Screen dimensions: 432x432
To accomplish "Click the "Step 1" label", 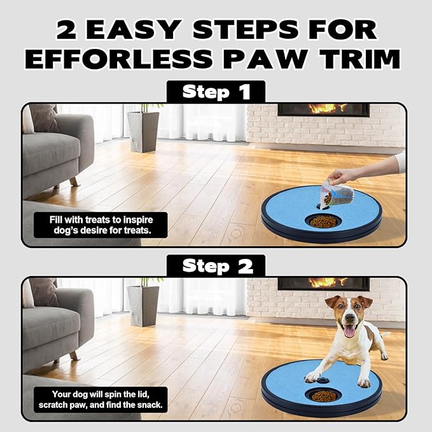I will click(216, 92).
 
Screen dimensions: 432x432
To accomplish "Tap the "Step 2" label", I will click(216, 266).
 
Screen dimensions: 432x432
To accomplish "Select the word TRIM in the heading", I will click(355, 59).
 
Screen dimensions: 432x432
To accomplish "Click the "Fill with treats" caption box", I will click(101, 225).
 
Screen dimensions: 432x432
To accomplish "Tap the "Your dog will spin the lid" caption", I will click(101, 399).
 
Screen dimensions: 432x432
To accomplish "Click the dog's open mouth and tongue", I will click(349, 330).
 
